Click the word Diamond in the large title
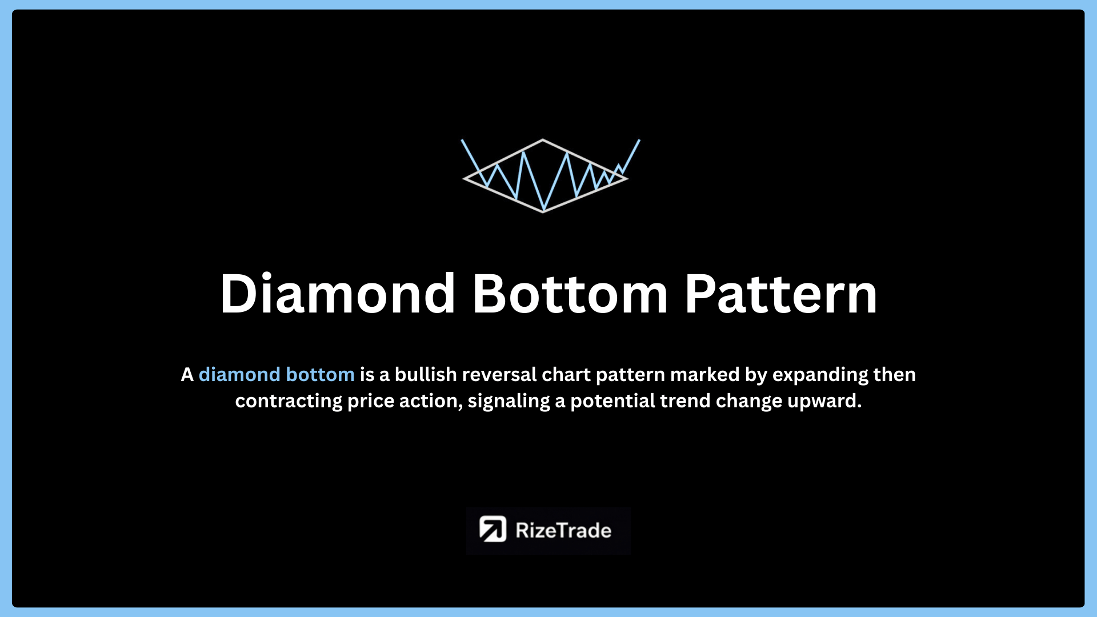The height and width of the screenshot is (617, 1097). [x=338, y=294]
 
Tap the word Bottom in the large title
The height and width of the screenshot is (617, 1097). [x=570, y=294]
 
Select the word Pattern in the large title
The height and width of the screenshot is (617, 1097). [x=781, y=294]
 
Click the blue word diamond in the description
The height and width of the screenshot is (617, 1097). [x=239, y=375]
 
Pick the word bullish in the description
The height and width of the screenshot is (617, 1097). [x=426, y=375]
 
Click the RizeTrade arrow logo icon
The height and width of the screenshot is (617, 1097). [x=493, y=529]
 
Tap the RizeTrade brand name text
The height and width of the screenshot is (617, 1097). [x=563, y=530]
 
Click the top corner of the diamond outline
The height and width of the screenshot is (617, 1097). [x=543, y=139]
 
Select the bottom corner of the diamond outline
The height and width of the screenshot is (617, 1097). [x=543, y=212]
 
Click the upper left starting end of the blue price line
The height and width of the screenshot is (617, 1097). [x=462, y=140]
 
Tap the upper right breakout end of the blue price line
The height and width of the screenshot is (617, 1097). [x=639, y=140]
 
